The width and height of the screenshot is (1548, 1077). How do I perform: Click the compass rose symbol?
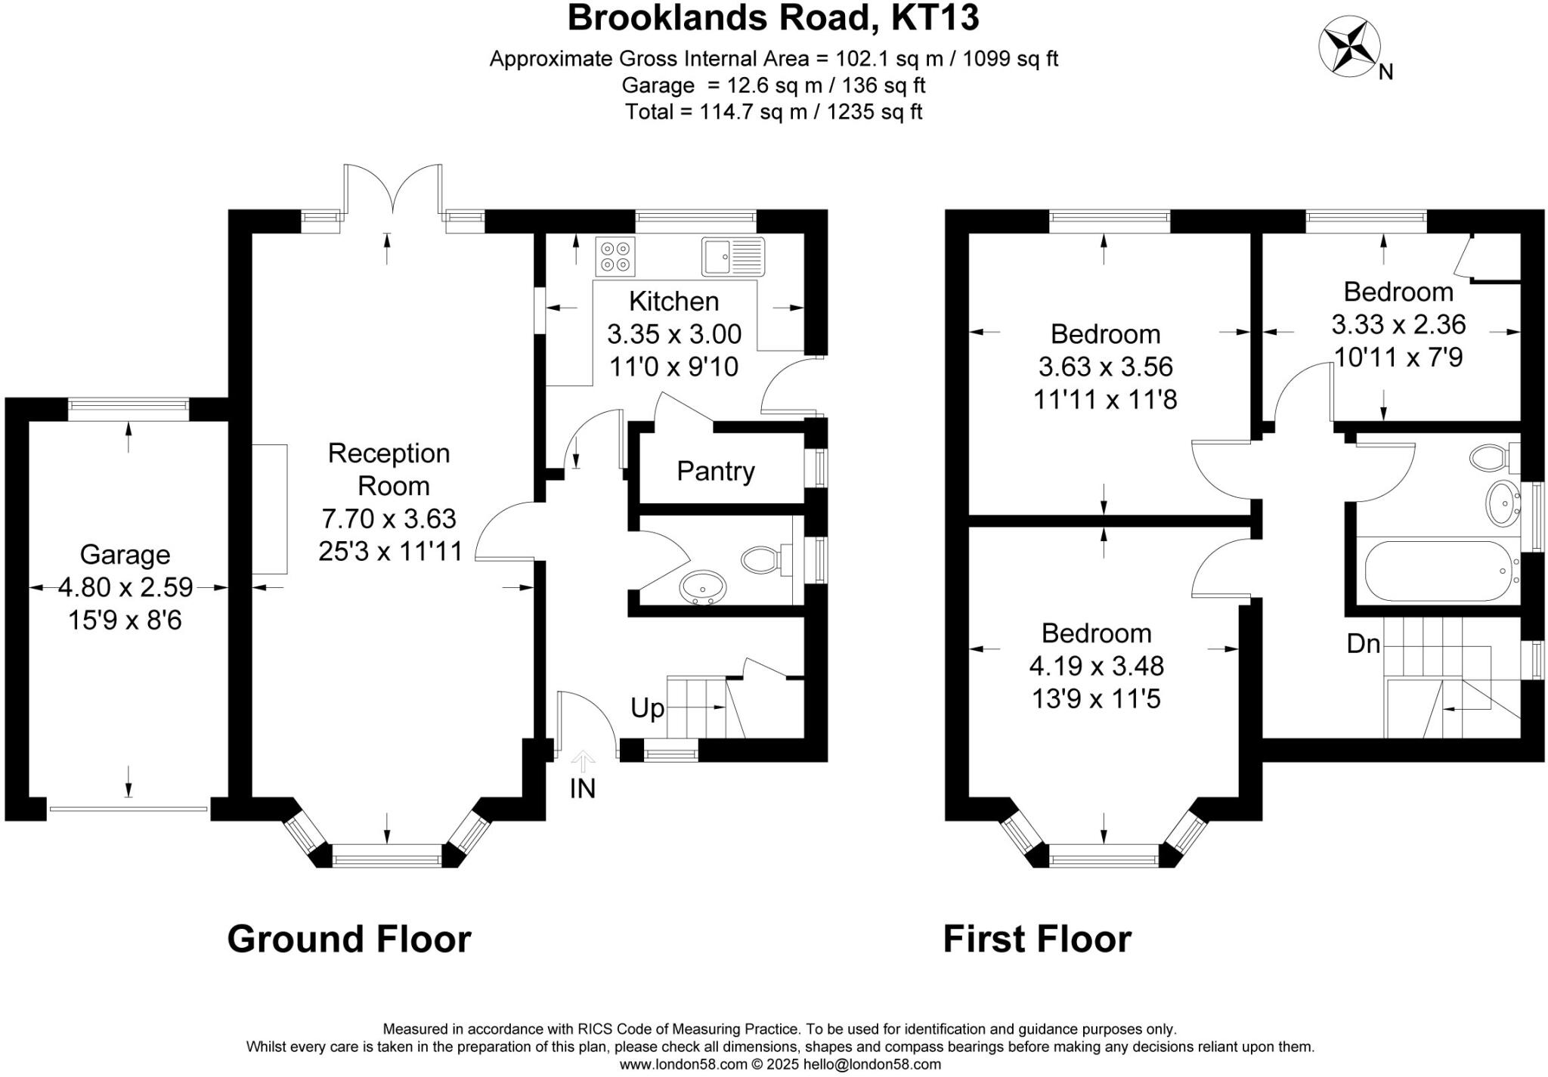pyautogui.click(x=1349, y=48)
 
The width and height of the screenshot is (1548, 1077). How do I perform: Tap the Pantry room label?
pyautogui.click(x=715, y=471)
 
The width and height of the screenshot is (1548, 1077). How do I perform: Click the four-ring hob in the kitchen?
pyautogui.click(x=615, y=256)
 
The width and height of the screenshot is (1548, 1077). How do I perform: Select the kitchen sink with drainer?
pyautogui.click(x=732, y=256)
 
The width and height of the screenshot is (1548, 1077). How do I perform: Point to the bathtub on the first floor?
pyautogui.click(x=1436, y=571)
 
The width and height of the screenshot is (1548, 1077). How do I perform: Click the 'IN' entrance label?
pyautogui.click(x=582, y=788)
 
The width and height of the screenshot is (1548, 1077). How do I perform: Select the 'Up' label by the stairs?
pyautogui.click(x=647, y=708)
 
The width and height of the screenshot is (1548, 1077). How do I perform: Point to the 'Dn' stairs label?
pyautogui.click(x=1364, y=644)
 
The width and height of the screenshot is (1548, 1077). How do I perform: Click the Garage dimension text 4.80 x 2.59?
pyautogui.click(x=125, y=587)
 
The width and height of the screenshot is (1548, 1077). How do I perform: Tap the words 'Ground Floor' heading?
pyautogui.click(x=349, y=939)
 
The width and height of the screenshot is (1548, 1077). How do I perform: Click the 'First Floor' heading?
pyautogui.click(x=1037, y=939)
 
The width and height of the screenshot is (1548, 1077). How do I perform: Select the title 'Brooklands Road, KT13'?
pyautogui.click(x=772, y=18)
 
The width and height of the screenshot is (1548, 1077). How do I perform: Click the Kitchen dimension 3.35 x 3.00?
pyautogui.click(x=674, y=333)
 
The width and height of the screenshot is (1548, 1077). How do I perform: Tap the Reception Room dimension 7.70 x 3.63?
pyautogui.click(x=389, y=518)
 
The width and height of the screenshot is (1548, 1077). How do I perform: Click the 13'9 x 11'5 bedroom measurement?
pyautogui.click(x=1096, y=699)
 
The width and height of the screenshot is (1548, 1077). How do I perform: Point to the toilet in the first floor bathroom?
pyautogui.click(x=1492, y=456)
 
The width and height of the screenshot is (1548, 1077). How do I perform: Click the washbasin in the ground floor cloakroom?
pyautogui.click(x=703, y=587)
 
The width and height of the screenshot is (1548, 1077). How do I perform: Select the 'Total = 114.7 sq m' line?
pyautogui.click(x=773, y=112)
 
